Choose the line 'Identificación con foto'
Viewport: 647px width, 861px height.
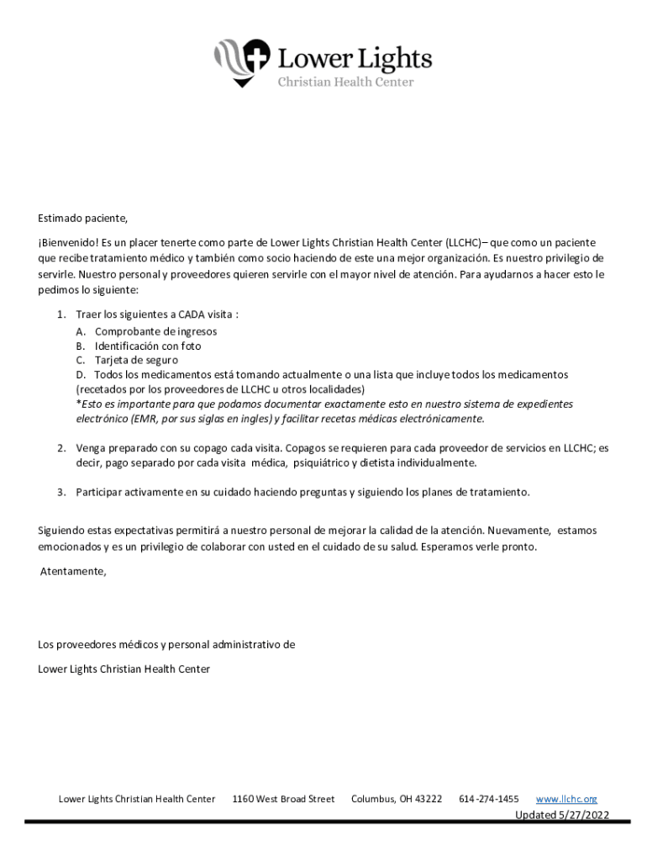148,346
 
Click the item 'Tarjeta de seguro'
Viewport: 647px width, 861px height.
136,360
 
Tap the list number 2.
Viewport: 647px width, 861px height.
61,448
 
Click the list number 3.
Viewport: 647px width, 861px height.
61,492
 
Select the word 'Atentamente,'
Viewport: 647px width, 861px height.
74,572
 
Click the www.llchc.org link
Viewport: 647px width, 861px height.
566,799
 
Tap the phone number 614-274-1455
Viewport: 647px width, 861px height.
489,799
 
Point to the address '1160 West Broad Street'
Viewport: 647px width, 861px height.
283,799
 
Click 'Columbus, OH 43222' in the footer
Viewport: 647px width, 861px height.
397,799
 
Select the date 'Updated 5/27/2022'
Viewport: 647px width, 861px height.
562,815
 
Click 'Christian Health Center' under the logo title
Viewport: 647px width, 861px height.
345,82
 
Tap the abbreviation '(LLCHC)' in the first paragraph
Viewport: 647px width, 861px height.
463,243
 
